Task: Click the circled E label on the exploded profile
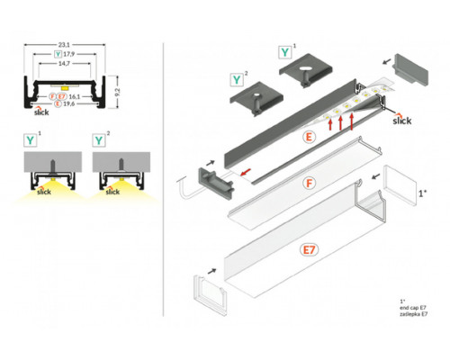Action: click(309, 139)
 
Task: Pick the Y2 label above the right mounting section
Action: click(98, 140)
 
